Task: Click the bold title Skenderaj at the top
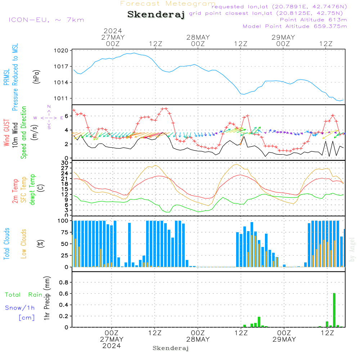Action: pos(156,15)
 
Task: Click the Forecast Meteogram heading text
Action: pos(168,4)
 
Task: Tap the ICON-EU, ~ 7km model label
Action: pos(46,20)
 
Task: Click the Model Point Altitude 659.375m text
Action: pos(295,26)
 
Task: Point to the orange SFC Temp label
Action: pos(24,190)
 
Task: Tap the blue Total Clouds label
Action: pos(6,244)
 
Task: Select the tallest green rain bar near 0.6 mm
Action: pos(334,310)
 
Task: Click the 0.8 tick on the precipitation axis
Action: pos(64,283)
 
